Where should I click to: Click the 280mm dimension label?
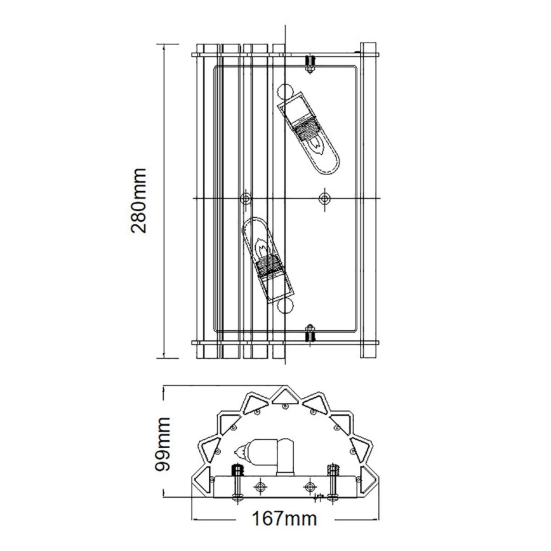click(140, 201)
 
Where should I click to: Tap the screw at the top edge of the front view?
click(310, 62)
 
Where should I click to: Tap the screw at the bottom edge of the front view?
click(310, 333)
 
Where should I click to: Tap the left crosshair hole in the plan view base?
click(259, 487)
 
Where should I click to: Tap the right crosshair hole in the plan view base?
click(310, 487)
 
